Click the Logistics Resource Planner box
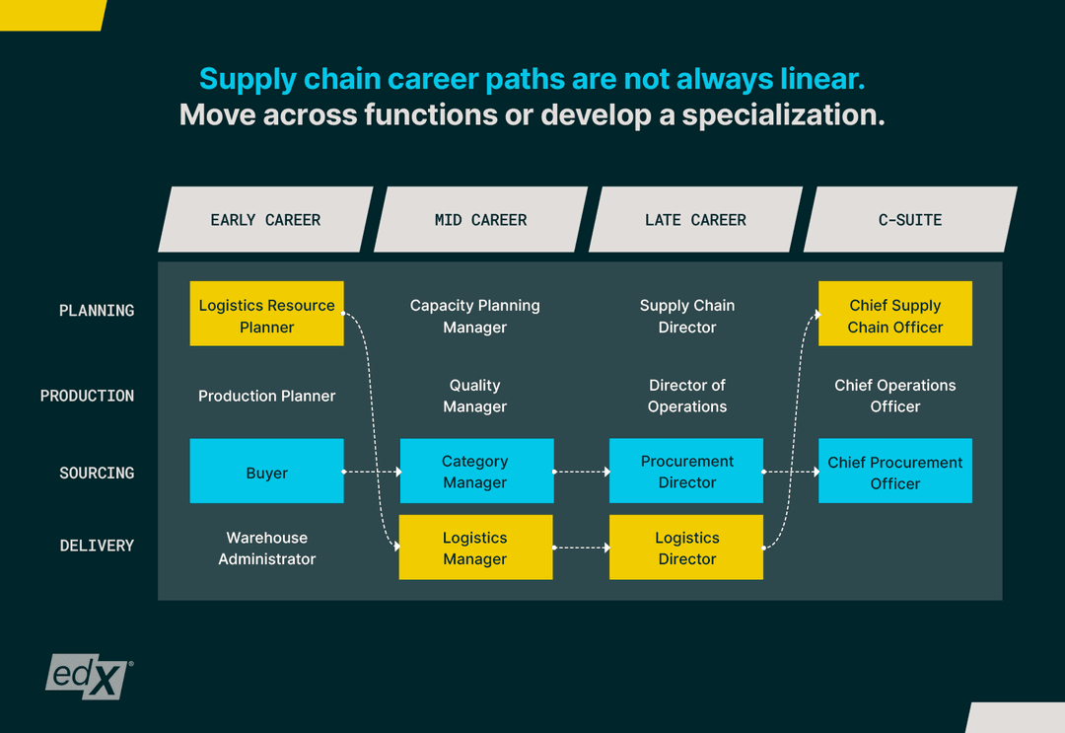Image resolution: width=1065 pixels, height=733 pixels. [266, 314]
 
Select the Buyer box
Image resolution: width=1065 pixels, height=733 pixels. [266, 472]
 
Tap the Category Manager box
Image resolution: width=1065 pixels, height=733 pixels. [475, 472]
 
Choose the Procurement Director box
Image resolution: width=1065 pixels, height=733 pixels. [686, 472]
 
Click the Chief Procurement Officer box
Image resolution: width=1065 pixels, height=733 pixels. [894, 472]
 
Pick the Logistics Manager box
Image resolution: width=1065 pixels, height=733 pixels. [475, 548]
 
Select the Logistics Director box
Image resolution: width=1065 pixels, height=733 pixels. [686, 548]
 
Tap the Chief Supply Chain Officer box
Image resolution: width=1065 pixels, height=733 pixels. [894, 314]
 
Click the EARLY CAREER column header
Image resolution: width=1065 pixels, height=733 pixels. [265, 220]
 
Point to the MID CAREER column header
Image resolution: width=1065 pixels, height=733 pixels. [480, 220]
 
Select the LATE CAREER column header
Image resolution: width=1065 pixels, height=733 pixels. [695, 220]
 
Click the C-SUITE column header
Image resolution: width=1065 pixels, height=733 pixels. [910, 220]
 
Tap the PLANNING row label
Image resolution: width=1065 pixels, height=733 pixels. [97, 311]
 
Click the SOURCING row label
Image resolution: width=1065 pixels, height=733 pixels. [97, 474]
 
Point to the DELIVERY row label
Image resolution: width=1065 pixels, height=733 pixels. [97, 546]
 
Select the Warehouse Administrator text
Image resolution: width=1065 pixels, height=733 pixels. [266, 549]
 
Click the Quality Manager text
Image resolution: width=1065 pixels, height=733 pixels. [475, 396]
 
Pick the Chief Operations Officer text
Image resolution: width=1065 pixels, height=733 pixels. [894, 396]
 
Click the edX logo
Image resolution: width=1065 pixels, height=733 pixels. [88, 676]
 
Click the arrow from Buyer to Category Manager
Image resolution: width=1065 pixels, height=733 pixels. [372, 472]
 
